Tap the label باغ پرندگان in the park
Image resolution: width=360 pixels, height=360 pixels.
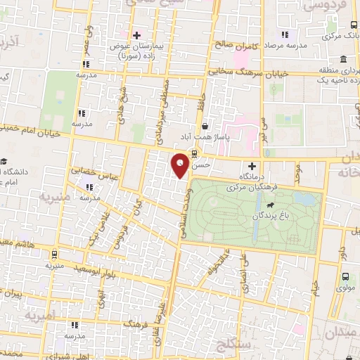click(257, 217)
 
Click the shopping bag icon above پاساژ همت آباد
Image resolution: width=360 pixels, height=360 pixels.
click(204, 127)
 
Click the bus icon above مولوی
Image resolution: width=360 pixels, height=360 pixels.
click(345, 276)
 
